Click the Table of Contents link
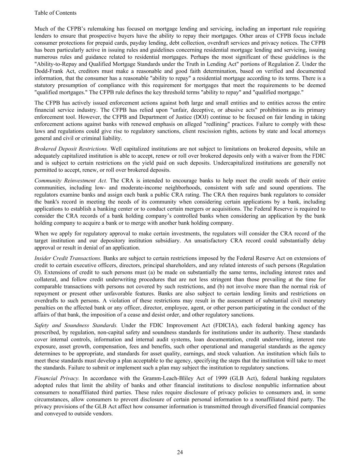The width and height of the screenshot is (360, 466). point(55,13)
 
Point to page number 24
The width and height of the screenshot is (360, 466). point(180,452)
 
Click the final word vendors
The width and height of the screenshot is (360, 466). point(102,413)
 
